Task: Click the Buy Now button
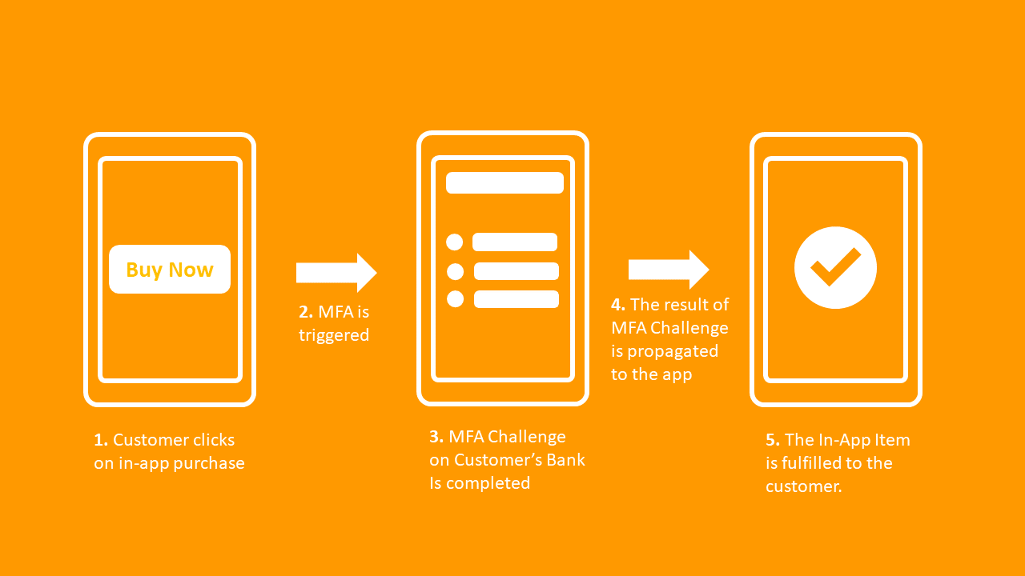coord(170,270)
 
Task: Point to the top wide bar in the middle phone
coord(504,182)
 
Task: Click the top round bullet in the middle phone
coord(455,242)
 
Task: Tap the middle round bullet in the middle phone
coord(455,271)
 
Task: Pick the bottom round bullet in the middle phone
coord(455,299)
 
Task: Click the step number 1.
coord(100,440)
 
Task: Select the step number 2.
coord(305,312)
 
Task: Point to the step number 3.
coord(436,437)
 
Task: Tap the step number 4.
coord(617,305)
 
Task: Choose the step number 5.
coord(772,440)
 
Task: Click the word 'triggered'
coord(334,335)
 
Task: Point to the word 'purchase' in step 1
coord(211,463)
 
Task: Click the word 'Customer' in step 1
coord(151,440)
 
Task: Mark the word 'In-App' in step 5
coord(849,440)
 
